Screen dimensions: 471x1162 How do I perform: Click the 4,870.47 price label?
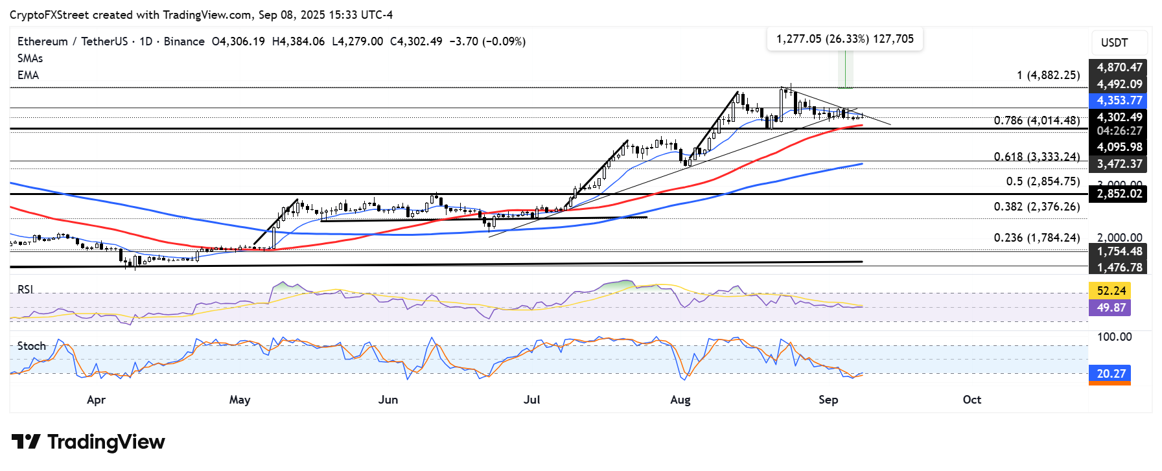click(1119, 67)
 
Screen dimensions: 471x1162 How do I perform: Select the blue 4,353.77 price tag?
click(1119, 100)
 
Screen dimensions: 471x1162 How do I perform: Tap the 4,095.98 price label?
click(1119, 147)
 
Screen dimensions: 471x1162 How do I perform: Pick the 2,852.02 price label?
click(1119, 194)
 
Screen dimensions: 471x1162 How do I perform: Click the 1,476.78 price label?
click(1119, 267)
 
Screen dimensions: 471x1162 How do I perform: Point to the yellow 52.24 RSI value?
click(1110, 291)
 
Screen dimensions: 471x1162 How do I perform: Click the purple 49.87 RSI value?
click(1110, 308)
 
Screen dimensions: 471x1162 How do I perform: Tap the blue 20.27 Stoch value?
click(1110, 374)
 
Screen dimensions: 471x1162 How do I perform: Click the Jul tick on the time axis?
click(532, 400)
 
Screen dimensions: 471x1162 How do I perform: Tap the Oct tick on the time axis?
click(971, 400)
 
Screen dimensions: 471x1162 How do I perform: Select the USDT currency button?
click(1114, 43)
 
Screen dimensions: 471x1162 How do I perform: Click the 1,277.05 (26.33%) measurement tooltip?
click(844, 39)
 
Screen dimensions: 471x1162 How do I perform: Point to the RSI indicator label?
click(25, 290)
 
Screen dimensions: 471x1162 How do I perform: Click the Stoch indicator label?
click(32, 346)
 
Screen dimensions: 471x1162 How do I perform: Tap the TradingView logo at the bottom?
click(88, 442)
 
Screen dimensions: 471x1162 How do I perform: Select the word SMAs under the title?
click(30, 58)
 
